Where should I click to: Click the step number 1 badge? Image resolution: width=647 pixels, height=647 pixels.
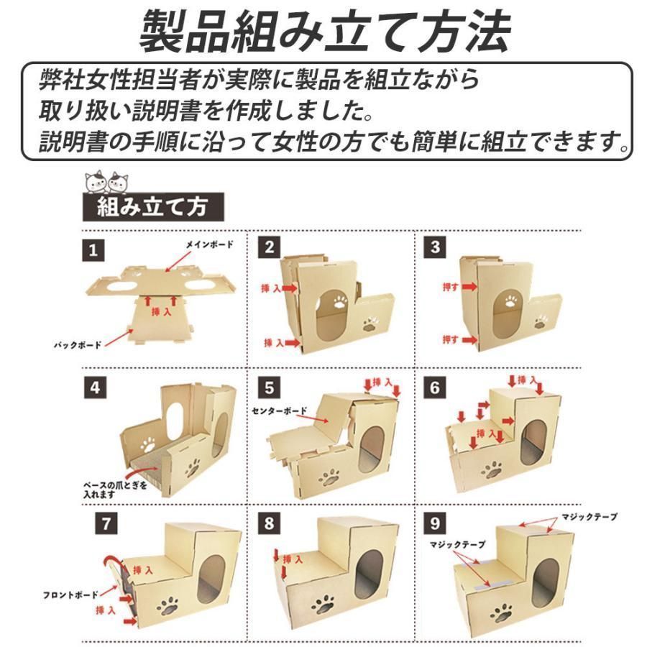[x=93, y=252]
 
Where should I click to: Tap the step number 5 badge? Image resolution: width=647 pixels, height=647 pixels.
[x=270, y=389]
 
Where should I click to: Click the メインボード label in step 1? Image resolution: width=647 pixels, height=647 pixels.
[x=210, y=245]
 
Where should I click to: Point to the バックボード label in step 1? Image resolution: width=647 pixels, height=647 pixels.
[x=78, y=345]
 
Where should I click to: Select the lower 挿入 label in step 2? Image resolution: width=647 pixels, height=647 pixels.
[x=274, y=343]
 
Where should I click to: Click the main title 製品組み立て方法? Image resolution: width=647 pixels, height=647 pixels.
[x=323, y=32]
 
